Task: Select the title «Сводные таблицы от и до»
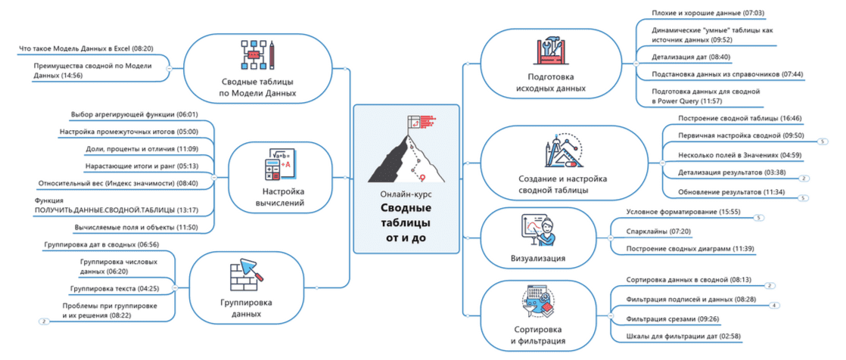pos(406,222)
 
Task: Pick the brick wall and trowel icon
pos(247,275)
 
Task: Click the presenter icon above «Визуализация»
pos(537,231)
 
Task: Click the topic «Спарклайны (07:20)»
pos(658,231)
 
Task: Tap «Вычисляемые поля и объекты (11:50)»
pos(136,228)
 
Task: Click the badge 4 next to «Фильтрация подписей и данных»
pos(774,305)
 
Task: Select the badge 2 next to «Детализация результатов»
pos(804,178)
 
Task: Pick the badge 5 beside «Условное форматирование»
pos(759,218)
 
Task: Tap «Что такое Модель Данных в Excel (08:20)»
pos(86,48)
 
